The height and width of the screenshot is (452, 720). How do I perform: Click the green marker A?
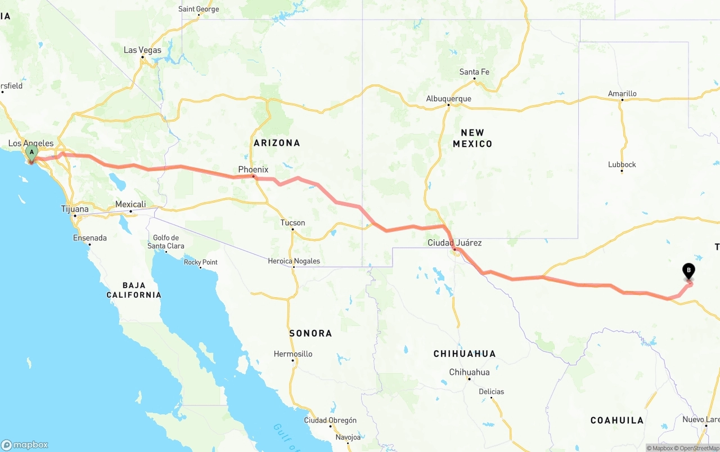pyautogui.click(x=31, y=153)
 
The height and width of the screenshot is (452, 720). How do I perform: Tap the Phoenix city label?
pyautogui.click(x=253, y=169)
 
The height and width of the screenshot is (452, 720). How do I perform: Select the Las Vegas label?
pyautogui.click(x=142, y=50)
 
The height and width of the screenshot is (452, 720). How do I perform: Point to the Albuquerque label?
pyautogui.click(x=448, y=99)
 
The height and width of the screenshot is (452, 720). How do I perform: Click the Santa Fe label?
pyautogui.click(x=474, y=72)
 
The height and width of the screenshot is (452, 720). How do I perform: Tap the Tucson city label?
pyautogui.click(x=292, y=223)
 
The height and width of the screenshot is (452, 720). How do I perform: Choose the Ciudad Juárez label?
pyautogui.click(x=454, y=243)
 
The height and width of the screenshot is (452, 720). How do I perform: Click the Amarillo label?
pyautogui.click(x=622, y=93)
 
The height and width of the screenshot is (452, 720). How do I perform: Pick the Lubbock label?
pyautogui.click(x=622, y=164)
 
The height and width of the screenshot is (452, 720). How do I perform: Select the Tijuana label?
pyautogui.click(x=75, y=209)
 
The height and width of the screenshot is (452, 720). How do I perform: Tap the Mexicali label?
pyautogui.click(x=130, y=204)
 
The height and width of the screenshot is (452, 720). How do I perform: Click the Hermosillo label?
pyautogui.click(x=292, y=354)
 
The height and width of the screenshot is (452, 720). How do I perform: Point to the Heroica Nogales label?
pyautogui.click(x=294, y=261)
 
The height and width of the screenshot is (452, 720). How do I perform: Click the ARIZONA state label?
pyautogui.click(x=277, y=143)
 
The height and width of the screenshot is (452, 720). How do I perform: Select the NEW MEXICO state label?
pyautogui.click(x=472, y=138)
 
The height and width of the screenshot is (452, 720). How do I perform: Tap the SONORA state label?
pyautogui.click(x=310, y=333)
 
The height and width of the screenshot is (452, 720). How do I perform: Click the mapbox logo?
pyautogui.click(x=25, y=445)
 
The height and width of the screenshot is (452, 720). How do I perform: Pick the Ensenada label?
pyautogui.click(x=90, y=238)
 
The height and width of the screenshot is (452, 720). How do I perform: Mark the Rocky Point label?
pyautogui.click(x=201, y=262)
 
